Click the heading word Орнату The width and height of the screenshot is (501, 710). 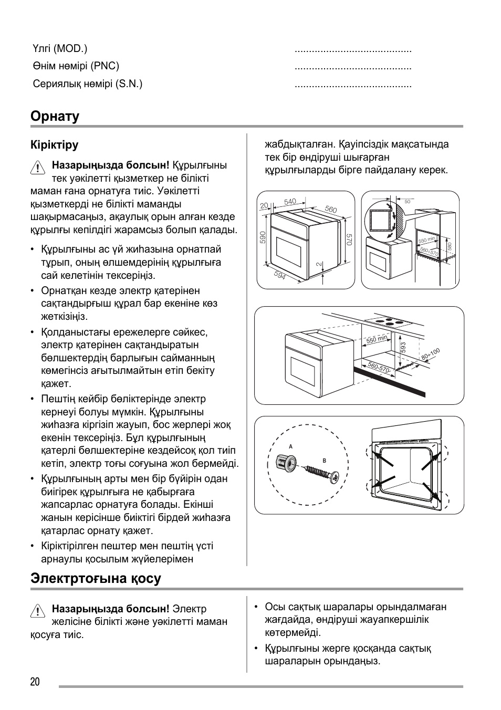tap(55, 116)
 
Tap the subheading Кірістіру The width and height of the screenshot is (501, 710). tap(55, 145)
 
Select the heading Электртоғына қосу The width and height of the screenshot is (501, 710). tap(96, 579)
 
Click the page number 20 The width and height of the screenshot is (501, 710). tap(35, 682)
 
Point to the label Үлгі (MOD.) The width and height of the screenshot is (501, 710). tap(60, 49)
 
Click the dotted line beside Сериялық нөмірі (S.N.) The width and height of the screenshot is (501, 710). tap(353, 84)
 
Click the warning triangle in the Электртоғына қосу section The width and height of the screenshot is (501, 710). tap(37, 611)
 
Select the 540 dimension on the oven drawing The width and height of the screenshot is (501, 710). tap(290, 202)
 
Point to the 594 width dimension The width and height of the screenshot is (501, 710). tap(280, 275)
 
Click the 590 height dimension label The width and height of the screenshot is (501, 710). tap(263, 237)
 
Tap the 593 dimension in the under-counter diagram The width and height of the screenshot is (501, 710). tap(403, 347)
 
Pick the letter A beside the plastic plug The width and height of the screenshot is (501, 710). tap(290, 446)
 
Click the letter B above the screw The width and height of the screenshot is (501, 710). tap(325, 461)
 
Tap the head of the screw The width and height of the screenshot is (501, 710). tap(334, 477)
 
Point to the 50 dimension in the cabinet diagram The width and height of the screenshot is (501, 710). tap(408, 201)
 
